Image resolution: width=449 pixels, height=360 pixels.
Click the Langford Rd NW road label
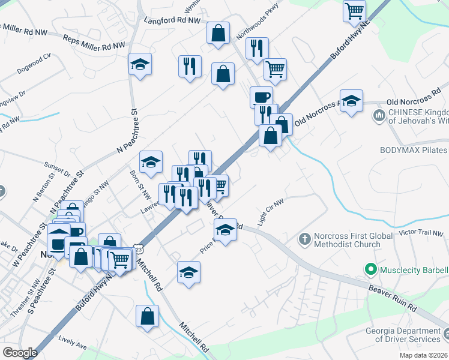point(172,20)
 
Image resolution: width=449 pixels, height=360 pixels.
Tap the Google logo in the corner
point(20,353)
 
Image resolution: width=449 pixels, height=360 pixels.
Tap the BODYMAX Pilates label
point(413,150)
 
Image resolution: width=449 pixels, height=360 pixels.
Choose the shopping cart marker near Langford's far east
point(354,10)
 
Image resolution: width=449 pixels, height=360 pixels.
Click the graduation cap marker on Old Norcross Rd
point(351,100)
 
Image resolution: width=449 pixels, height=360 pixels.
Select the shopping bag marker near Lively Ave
point(147,316)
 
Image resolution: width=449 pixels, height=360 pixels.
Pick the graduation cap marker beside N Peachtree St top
point(140,64)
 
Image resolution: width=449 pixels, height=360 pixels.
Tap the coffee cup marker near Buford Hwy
point(261,97)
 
